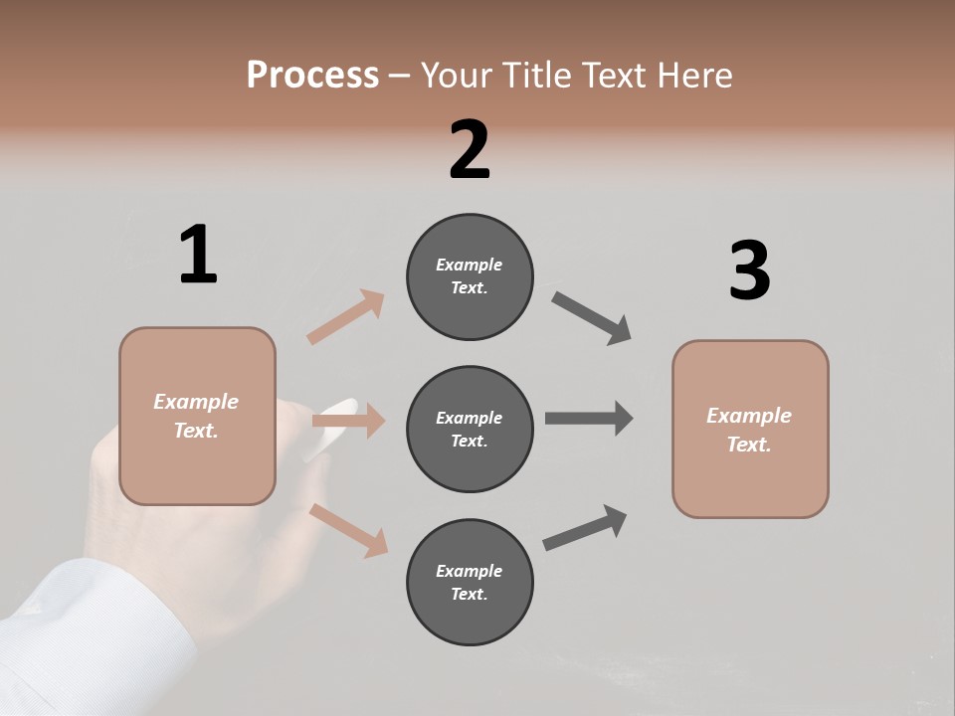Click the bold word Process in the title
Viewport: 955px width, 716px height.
click(312, 76)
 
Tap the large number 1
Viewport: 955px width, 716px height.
click(198, 256)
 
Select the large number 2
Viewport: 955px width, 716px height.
click(470, 150)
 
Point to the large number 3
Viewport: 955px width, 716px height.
click(749, 271)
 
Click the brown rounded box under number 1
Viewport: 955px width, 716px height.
click(197, 416)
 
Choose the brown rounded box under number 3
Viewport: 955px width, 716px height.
click(750, 430)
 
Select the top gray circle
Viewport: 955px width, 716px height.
click(470, 276)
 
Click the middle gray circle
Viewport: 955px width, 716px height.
click(470, 430)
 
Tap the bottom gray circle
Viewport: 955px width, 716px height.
click(470, 583)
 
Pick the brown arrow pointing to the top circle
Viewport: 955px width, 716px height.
click(346, 317)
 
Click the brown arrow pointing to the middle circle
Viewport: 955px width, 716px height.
click(348, 421)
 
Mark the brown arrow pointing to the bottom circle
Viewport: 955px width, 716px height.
click(348, 529)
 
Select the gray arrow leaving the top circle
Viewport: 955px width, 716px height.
click(592, 318)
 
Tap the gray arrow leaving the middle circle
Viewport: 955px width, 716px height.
click(588, 418)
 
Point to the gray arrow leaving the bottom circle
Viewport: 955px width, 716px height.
click(585, 527)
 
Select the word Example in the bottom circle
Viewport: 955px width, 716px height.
click(470, 571)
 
